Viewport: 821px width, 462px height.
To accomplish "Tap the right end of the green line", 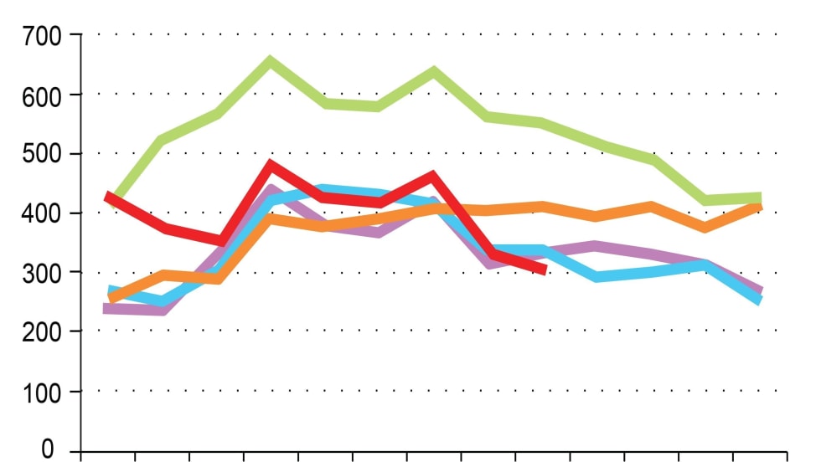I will (x=759, y=198).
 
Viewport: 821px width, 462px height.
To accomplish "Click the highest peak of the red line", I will (x=270, y=165).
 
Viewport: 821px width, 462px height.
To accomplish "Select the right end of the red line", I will (x=545, y=269).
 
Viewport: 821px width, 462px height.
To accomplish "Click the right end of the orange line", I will (x=759, y=205).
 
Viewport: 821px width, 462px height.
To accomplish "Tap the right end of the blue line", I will (x=759, y=300).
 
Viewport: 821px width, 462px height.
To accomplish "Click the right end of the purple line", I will (x=760, y=290).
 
